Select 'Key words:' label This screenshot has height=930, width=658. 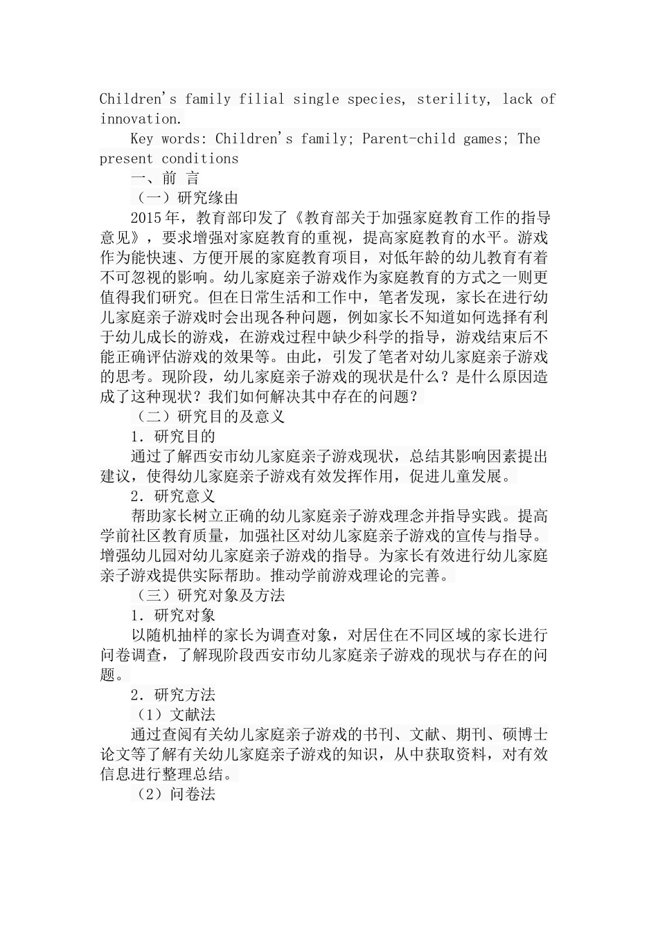click(x=168, y=138)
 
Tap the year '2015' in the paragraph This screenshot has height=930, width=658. click(x=145, y=219)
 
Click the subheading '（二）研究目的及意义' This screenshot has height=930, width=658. click(x=208, y=417)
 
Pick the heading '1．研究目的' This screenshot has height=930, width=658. click(x=173, y=437)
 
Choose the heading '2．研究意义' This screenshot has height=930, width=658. click(x=173, y=496)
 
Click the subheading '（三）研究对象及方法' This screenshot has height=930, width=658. click(x=208, y=595)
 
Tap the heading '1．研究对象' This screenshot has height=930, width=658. click(x=173, y=615)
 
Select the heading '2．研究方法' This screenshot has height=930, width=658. click(x=173, y=695)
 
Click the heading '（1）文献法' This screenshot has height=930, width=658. click(x=173, y=715)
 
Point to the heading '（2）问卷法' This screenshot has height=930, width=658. click(x=173, y=794)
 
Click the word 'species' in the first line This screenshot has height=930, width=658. click(x=374, y=99)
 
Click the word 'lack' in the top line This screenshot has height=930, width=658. click(x=517, y=99)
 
